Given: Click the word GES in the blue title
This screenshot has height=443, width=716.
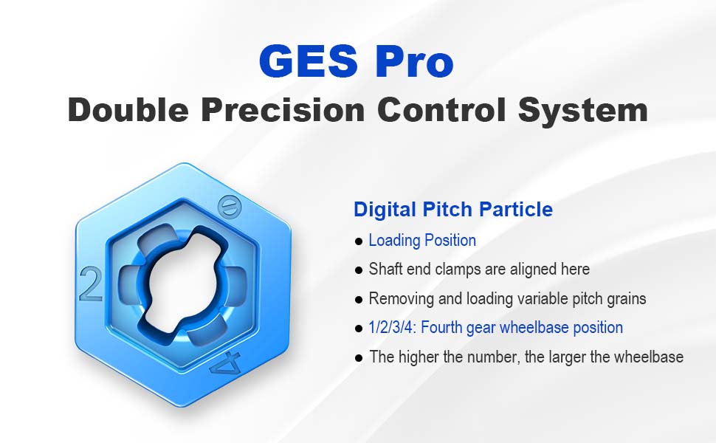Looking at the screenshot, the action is point(309,61).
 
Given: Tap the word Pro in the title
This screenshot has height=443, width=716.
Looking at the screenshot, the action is point(415,61).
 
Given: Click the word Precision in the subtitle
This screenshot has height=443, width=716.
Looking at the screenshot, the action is point(283,109).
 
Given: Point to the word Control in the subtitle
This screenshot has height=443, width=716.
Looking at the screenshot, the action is point(441,109).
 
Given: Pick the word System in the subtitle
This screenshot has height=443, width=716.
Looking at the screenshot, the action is point(583,111).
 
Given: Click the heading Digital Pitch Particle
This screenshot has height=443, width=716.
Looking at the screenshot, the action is point(453,210).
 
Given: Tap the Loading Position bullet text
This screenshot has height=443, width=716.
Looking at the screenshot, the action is point(422,240).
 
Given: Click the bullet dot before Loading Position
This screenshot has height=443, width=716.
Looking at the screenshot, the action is point(359,241).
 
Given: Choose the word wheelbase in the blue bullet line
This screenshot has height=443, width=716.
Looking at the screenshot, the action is point(534,328).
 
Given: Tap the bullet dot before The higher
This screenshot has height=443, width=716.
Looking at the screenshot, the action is point(359,358).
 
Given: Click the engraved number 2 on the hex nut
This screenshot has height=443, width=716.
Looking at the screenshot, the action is point(90,284).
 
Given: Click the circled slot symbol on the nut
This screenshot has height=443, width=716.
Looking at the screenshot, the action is point(229,207).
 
